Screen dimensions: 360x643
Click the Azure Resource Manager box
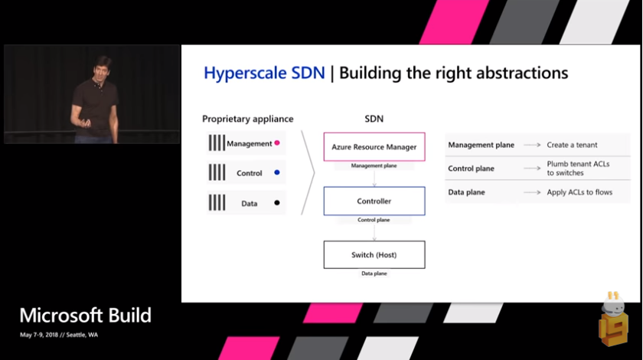pos(374,146)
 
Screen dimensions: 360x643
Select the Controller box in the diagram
pos(374,201)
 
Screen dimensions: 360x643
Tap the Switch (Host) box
pos(374,254)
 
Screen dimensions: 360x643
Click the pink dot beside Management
pos(277,143)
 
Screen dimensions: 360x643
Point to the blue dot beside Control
pos(277,173)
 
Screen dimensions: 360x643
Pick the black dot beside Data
pos(277,203)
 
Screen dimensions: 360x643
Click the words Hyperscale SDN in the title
pos(264,74)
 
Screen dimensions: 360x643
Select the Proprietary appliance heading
pos(247,119)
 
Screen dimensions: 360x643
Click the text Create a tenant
pos(572,145)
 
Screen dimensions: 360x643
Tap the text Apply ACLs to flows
pos(579,192)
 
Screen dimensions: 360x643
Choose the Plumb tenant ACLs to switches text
pos(579,169)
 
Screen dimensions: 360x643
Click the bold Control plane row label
pos(472,169)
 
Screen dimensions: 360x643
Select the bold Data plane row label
pos(466,192)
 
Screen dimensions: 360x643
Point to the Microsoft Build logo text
pos(85,316)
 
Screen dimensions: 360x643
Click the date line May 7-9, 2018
pos(59,335)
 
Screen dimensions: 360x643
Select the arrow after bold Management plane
pos(534,145)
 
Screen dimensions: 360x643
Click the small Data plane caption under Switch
pos(374,273)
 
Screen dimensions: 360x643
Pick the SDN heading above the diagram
pos(374,119)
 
